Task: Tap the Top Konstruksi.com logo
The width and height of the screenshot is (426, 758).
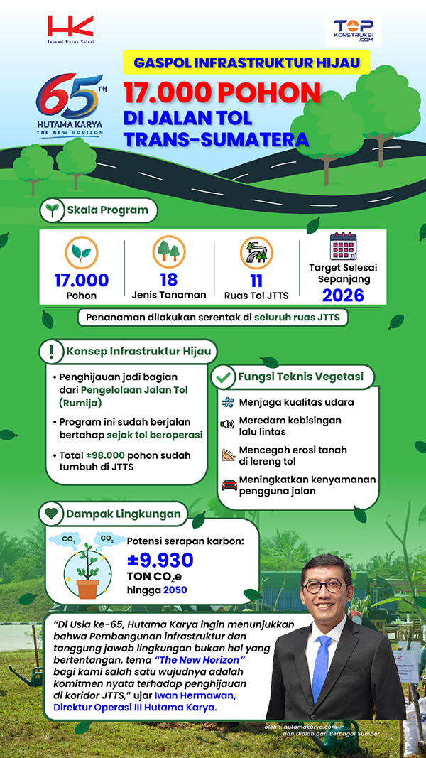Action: pos(353,31)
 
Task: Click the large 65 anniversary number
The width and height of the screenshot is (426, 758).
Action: pos(69,96)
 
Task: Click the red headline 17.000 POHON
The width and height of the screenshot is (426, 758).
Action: pos(220,94)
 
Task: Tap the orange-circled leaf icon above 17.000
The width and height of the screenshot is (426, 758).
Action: pos(82,253)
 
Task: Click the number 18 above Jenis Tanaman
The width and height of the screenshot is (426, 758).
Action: pos(169,279)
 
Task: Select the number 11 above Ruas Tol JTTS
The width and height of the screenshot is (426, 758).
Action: pos(256,279)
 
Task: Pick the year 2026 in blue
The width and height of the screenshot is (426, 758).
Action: pos(343,295)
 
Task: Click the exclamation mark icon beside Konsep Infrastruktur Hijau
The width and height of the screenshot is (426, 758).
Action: pos(52,352)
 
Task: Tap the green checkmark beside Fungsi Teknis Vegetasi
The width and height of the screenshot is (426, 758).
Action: pos(224,376)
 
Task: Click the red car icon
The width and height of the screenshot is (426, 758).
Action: pos(229,484)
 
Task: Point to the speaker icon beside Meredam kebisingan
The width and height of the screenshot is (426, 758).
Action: pos(227,424)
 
